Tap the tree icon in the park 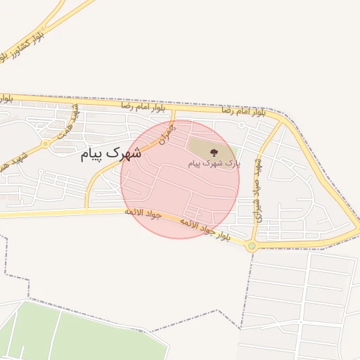[214, 152]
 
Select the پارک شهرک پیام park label [214, 163]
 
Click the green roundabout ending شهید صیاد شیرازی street [251, 246]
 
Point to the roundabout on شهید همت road [46, 143]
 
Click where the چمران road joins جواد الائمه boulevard [87, 210]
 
